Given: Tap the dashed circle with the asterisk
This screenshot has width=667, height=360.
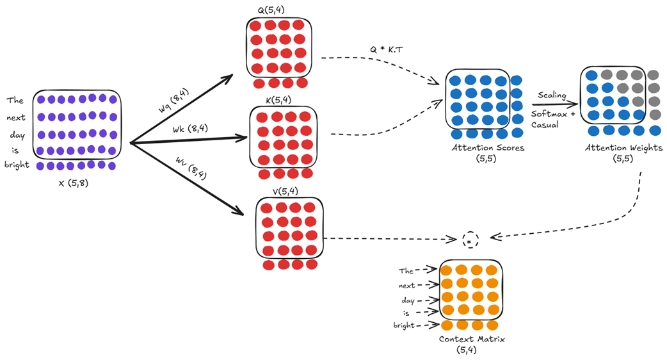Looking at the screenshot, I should click(x=470, y=240).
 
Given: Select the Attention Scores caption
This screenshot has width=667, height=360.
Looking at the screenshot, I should click(x=479, y=148).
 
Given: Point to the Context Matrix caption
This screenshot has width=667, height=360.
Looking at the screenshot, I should click(x=471, y=340).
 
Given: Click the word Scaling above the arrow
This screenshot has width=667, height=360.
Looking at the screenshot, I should click(x=552, y=95).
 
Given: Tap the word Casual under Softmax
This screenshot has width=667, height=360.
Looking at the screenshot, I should click(x=545, y=125).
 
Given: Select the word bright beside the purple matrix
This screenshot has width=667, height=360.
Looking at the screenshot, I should click(x=18, y=165).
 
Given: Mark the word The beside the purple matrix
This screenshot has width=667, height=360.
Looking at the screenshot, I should click(x=15, y=101).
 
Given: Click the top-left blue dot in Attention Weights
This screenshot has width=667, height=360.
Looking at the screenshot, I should click(x=593, y=74).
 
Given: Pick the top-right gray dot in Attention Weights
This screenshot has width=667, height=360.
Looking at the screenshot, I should click(x=654, y=74).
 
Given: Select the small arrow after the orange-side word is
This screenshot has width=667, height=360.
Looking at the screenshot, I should click(x=426, y=313).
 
